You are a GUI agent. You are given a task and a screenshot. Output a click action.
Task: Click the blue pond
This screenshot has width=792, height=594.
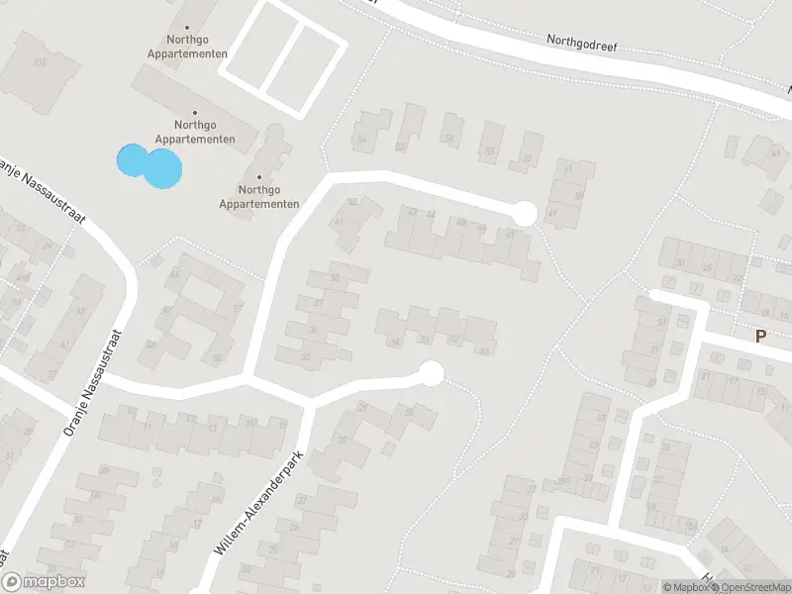[x=150, y=165]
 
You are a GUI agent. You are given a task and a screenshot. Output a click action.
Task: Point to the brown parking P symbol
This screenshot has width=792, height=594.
[x=760, y=336]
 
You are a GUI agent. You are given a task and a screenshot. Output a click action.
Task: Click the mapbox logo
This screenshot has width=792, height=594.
[x=44, y=582]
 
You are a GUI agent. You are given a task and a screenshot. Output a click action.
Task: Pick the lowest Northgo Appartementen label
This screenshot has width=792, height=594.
[x=259, y=196]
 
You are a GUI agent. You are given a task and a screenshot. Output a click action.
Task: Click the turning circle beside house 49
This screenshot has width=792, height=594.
[x=525, y=212]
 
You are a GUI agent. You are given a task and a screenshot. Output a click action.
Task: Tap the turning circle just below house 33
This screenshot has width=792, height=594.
[x=431, y=373]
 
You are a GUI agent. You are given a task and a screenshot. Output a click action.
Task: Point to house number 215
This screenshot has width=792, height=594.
[x=41, y=62]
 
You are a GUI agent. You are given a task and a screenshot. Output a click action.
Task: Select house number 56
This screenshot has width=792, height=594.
[x=362, y=140]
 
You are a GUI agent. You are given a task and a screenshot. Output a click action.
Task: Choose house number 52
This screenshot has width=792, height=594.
[x=527, y=158]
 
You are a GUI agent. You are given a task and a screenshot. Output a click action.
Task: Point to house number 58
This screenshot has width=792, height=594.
[x=216, y=357]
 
